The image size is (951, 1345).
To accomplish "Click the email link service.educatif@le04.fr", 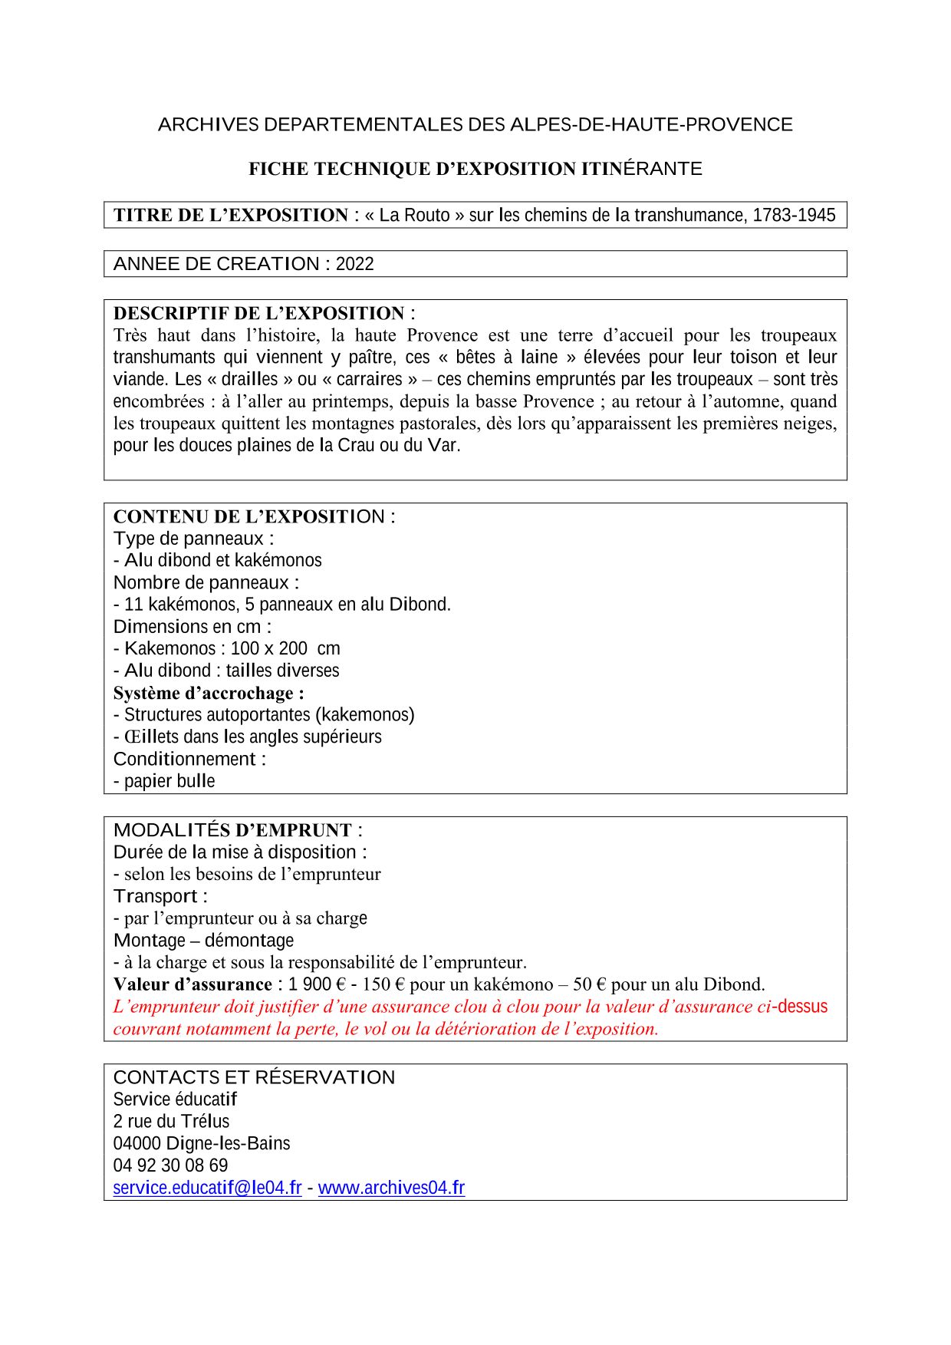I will click(x=207, y=1188).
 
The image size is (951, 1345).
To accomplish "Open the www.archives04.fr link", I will click(x=391, y=1188).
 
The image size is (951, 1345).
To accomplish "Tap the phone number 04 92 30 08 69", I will click(x=170, y=1165).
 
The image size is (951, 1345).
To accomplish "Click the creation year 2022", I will click(x=354, y=264).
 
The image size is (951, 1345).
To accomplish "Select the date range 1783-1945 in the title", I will click(x=794, y=215).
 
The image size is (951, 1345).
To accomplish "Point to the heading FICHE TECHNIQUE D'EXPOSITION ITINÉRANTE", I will click(x=475, y=169).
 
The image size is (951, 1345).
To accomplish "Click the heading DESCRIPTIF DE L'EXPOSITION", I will click(x=258, y=313).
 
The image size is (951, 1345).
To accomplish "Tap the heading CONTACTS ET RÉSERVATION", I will click(x=254, y=1077).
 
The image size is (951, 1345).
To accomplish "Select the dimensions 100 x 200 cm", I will click(x=285, y=648).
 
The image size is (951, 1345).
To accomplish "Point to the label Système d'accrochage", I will click(x=208, y=693).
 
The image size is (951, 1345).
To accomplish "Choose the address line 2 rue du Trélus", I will click(x=171, y=1121).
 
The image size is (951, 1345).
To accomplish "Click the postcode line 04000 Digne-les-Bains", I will click(x=202, y=1143).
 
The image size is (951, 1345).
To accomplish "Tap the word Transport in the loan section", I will click(x=156, y=896).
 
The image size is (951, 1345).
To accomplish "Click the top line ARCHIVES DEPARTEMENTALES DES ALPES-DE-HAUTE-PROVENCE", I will click(x=475, y=124).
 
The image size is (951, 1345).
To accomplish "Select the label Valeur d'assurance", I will click(x=193, y=984).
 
